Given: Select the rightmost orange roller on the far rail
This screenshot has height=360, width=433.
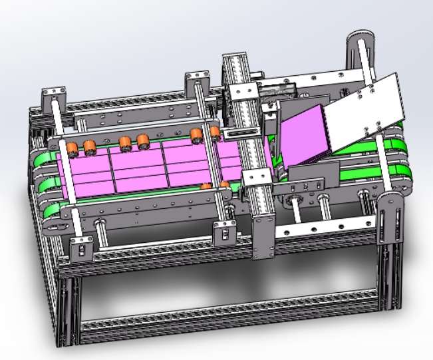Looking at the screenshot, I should click(215, 132).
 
